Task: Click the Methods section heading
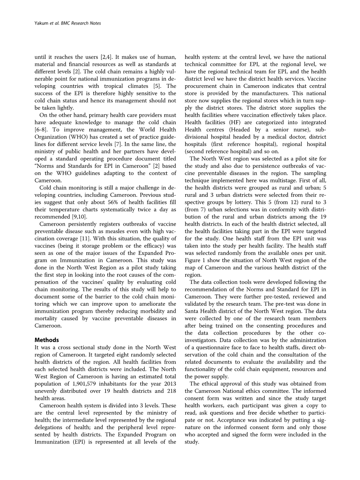tap(47, 340)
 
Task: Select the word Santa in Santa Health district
tap(192, 311)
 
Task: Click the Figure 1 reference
tap(196, 260)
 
